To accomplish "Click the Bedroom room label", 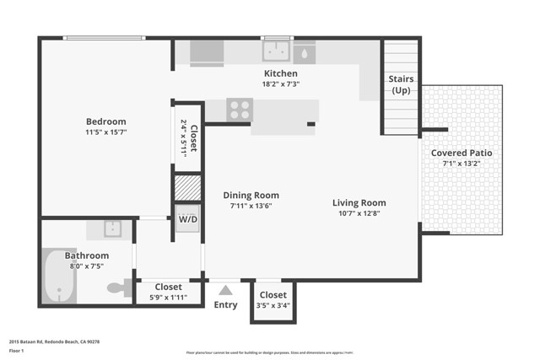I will pos(105,121).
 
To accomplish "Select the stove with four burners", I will pos(240,109).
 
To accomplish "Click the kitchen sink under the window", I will pos(276,53).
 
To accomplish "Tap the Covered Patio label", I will pos(462,153).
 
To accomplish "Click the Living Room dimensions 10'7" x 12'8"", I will pos(359,214).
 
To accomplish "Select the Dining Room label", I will pos(254,195).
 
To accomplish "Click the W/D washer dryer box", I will pos(186,220).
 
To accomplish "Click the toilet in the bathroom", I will pos(118,288).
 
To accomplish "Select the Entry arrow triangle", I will pos(225,290).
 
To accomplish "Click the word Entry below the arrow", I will pos(225,305).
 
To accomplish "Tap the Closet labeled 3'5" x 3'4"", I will pos(273,295).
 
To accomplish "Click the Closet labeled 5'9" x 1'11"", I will pos(168,287).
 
